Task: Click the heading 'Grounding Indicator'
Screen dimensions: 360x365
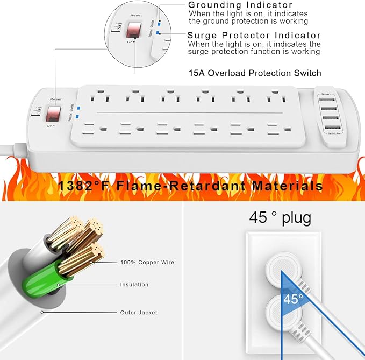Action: (240, 5)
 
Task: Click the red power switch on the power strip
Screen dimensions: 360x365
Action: (53, 112)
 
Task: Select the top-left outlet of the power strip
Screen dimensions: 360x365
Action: (98, 98)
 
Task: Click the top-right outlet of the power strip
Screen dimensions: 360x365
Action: (275, 98)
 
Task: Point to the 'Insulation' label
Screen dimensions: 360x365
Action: (134, 284)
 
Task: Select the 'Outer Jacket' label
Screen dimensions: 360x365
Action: (139, 312)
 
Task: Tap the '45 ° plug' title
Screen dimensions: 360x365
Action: (280, 217)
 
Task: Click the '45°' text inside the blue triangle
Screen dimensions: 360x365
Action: (294, 299)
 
